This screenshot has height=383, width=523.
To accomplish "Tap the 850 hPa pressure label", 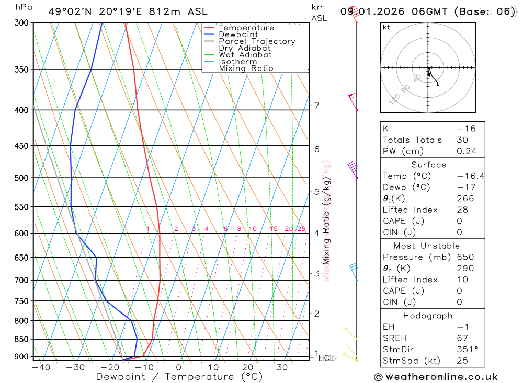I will [x=21, y=339].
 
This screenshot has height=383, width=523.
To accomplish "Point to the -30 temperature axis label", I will [x=75, y=367].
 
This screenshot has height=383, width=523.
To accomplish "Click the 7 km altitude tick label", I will [x=317, y=106].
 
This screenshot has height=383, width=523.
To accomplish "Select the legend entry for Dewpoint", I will [x=238, y=34].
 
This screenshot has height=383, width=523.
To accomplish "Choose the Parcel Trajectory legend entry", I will [x=257, y=41].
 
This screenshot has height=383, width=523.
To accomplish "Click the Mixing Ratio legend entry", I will [x=246, y=68].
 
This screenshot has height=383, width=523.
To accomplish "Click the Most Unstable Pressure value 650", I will [x=464, y=257].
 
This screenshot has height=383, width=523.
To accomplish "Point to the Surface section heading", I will [x=429, y=165].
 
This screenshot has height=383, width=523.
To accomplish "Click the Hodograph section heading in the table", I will [x=428, y=316].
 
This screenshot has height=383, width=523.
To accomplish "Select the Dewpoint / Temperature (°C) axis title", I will [x=179, y=377].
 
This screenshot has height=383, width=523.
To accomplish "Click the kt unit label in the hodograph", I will [x=386, y=27].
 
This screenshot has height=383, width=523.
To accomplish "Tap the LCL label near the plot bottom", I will [x=326, y=358].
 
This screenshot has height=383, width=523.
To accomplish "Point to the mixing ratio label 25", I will [x=301, y=229].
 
